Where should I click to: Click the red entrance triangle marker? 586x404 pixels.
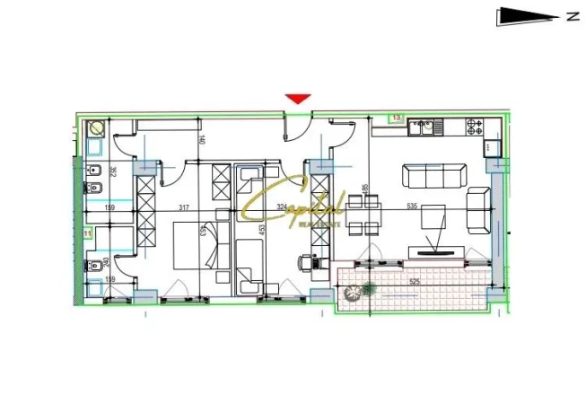click(297, 99)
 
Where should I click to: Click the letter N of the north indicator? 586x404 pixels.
click(572, 15)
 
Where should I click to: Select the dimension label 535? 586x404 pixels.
click(413, 207)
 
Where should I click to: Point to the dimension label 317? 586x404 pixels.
click(183, 208)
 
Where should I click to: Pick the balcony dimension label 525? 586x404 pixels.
click(415, 282)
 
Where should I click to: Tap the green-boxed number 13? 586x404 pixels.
click(396, 118)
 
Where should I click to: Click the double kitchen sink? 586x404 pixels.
click(424, 127)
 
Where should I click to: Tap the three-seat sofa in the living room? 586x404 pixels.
click(433, 175)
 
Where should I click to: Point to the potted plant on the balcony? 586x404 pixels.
click(365, 289)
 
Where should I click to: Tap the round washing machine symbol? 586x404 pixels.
click(96, 128)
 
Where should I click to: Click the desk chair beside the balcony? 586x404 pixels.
click(310, 263)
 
